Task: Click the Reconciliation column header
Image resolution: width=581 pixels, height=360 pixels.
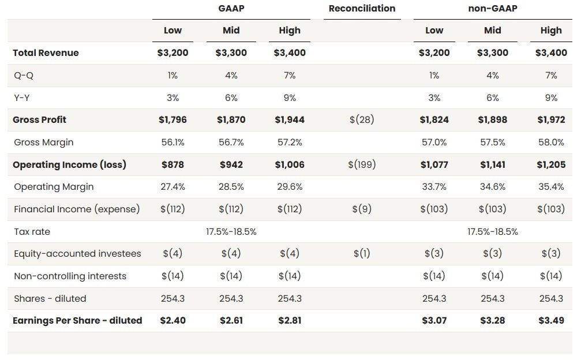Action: pyautogui.click(x=362, y=9)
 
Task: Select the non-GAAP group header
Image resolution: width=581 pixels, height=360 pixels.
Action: pyautogui.click(x=492, y=9)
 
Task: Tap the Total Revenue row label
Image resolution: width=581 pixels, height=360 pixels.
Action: pyautogui.click(x=46, y=53)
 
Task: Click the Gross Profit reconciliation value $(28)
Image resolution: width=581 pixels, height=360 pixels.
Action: pyautogui.click(x=362, y=120)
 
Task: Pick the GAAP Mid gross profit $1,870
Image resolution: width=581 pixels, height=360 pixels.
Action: pyautogui.click(x=231, y=120)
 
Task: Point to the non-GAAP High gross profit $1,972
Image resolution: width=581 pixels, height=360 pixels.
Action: pyautogui.click(x=550, y=120)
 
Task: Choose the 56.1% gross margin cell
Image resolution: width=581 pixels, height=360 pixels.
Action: pyautogui.click(x=173, y=142)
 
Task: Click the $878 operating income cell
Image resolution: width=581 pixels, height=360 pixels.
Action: pyautogui.click(x=173, y=165)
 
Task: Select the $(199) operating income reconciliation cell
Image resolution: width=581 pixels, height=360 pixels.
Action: pyautogui.click(x=362, y=165)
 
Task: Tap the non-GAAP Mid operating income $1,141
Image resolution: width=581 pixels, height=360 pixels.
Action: pyautogui.click(x=492, y=165)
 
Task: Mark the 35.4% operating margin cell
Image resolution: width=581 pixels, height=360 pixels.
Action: pyautogui.click(x=550, y=187)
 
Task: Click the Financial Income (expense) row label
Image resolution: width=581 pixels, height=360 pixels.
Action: pyautogui.click(x=77, y=209)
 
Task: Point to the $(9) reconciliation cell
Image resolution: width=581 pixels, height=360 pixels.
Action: pyautogui.click(x=362, y=209)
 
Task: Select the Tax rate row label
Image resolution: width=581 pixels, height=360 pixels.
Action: pyautogui.click(x=32, y=232)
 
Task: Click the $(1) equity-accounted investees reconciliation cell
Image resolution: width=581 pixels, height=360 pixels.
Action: pyautogui.click(x=362, y=254)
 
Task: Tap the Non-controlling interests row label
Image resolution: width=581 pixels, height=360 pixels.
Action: pyautogui.click(x=70, y=276)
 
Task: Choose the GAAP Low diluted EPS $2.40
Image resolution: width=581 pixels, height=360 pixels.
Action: pyautogui.click(x=173, y=321)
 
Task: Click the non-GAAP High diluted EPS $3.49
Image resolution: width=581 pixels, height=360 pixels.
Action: pyautogui.click(x=550, y=321)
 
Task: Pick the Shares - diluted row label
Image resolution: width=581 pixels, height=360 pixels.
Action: pyautogui.click(x=50, y=299)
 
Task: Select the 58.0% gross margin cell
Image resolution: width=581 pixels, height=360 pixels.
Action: pyautogui.click(x=550, y=142)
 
